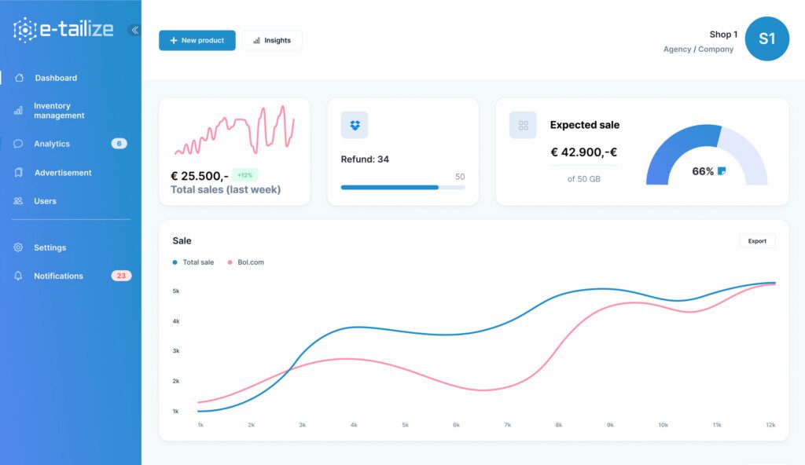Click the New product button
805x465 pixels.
197,40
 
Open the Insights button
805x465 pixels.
272,40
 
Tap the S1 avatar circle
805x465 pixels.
766,38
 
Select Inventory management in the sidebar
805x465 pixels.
58,111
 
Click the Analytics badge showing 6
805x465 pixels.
119,144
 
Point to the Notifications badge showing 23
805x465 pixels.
121,276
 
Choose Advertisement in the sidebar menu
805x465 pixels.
62,173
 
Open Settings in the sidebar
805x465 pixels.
50,247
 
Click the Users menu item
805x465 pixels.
45,201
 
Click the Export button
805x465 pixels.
757,241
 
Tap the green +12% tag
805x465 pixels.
244,175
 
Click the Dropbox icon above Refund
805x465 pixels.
355,125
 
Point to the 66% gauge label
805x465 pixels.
703,171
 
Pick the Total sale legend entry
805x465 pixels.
197,262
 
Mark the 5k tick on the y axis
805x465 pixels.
176,291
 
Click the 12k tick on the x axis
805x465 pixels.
770,425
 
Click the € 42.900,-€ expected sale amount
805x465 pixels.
584,152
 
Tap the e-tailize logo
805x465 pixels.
64,30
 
